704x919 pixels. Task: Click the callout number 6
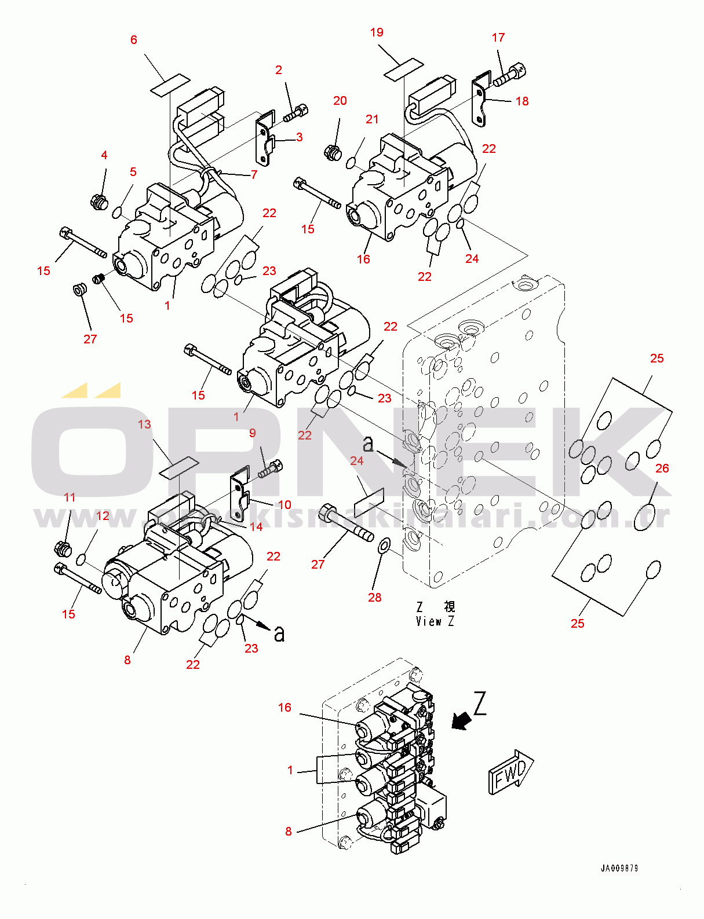[134, 40]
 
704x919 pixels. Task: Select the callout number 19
[377, 32]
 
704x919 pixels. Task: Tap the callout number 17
[498, 38]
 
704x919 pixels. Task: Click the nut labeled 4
[99, 203]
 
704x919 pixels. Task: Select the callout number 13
[144, 424]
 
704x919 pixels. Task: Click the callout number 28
[375, 597]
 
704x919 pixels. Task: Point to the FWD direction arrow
[510, 772]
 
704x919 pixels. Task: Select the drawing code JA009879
[619, 868]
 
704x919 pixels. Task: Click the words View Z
[435, 621]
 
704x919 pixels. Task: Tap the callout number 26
[662, 468]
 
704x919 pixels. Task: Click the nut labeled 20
[332, 153]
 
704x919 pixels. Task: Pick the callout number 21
[372, 119]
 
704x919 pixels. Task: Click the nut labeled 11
[62, 548]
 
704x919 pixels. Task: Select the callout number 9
[252, 433]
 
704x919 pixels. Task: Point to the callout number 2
[279, 70]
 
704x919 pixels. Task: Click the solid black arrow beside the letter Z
[461, 721]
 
